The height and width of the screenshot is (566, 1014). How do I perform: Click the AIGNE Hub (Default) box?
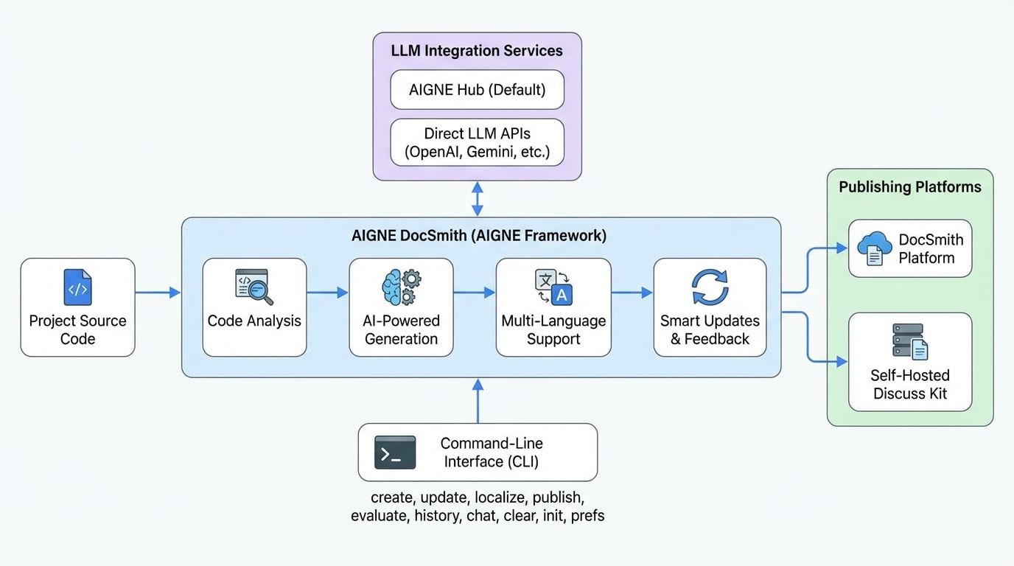[477, 90]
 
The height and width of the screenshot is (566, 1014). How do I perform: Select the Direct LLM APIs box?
[477, 144]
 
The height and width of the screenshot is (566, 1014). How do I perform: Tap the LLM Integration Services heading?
[477, 51]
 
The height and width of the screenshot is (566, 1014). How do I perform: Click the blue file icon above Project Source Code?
[77, 287]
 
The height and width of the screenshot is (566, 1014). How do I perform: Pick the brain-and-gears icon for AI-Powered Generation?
[401, 287]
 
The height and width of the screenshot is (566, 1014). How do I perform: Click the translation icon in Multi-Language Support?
[553, 287]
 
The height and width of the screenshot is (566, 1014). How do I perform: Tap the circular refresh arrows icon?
[710, 287]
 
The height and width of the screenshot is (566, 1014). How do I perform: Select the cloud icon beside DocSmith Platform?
[874, 248]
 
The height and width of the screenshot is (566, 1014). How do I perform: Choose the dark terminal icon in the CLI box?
[395, 452]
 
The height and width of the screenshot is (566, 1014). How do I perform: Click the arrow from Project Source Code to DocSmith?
[158, 293]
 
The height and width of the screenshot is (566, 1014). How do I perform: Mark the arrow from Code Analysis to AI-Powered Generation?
[327, 293]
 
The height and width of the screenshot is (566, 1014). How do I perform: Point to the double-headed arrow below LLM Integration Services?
[478, 199]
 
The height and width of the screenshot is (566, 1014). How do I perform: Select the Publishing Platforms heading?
[910, 187]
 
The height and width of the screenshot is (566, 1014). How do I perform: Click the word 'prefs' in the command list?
[587, 516]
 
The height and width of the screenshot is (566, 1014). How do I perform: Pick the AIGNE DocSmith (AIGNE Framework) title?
[479, 236]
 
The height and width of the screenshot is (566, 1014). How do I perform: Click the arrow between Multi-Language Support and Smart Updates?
[632, 293]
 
